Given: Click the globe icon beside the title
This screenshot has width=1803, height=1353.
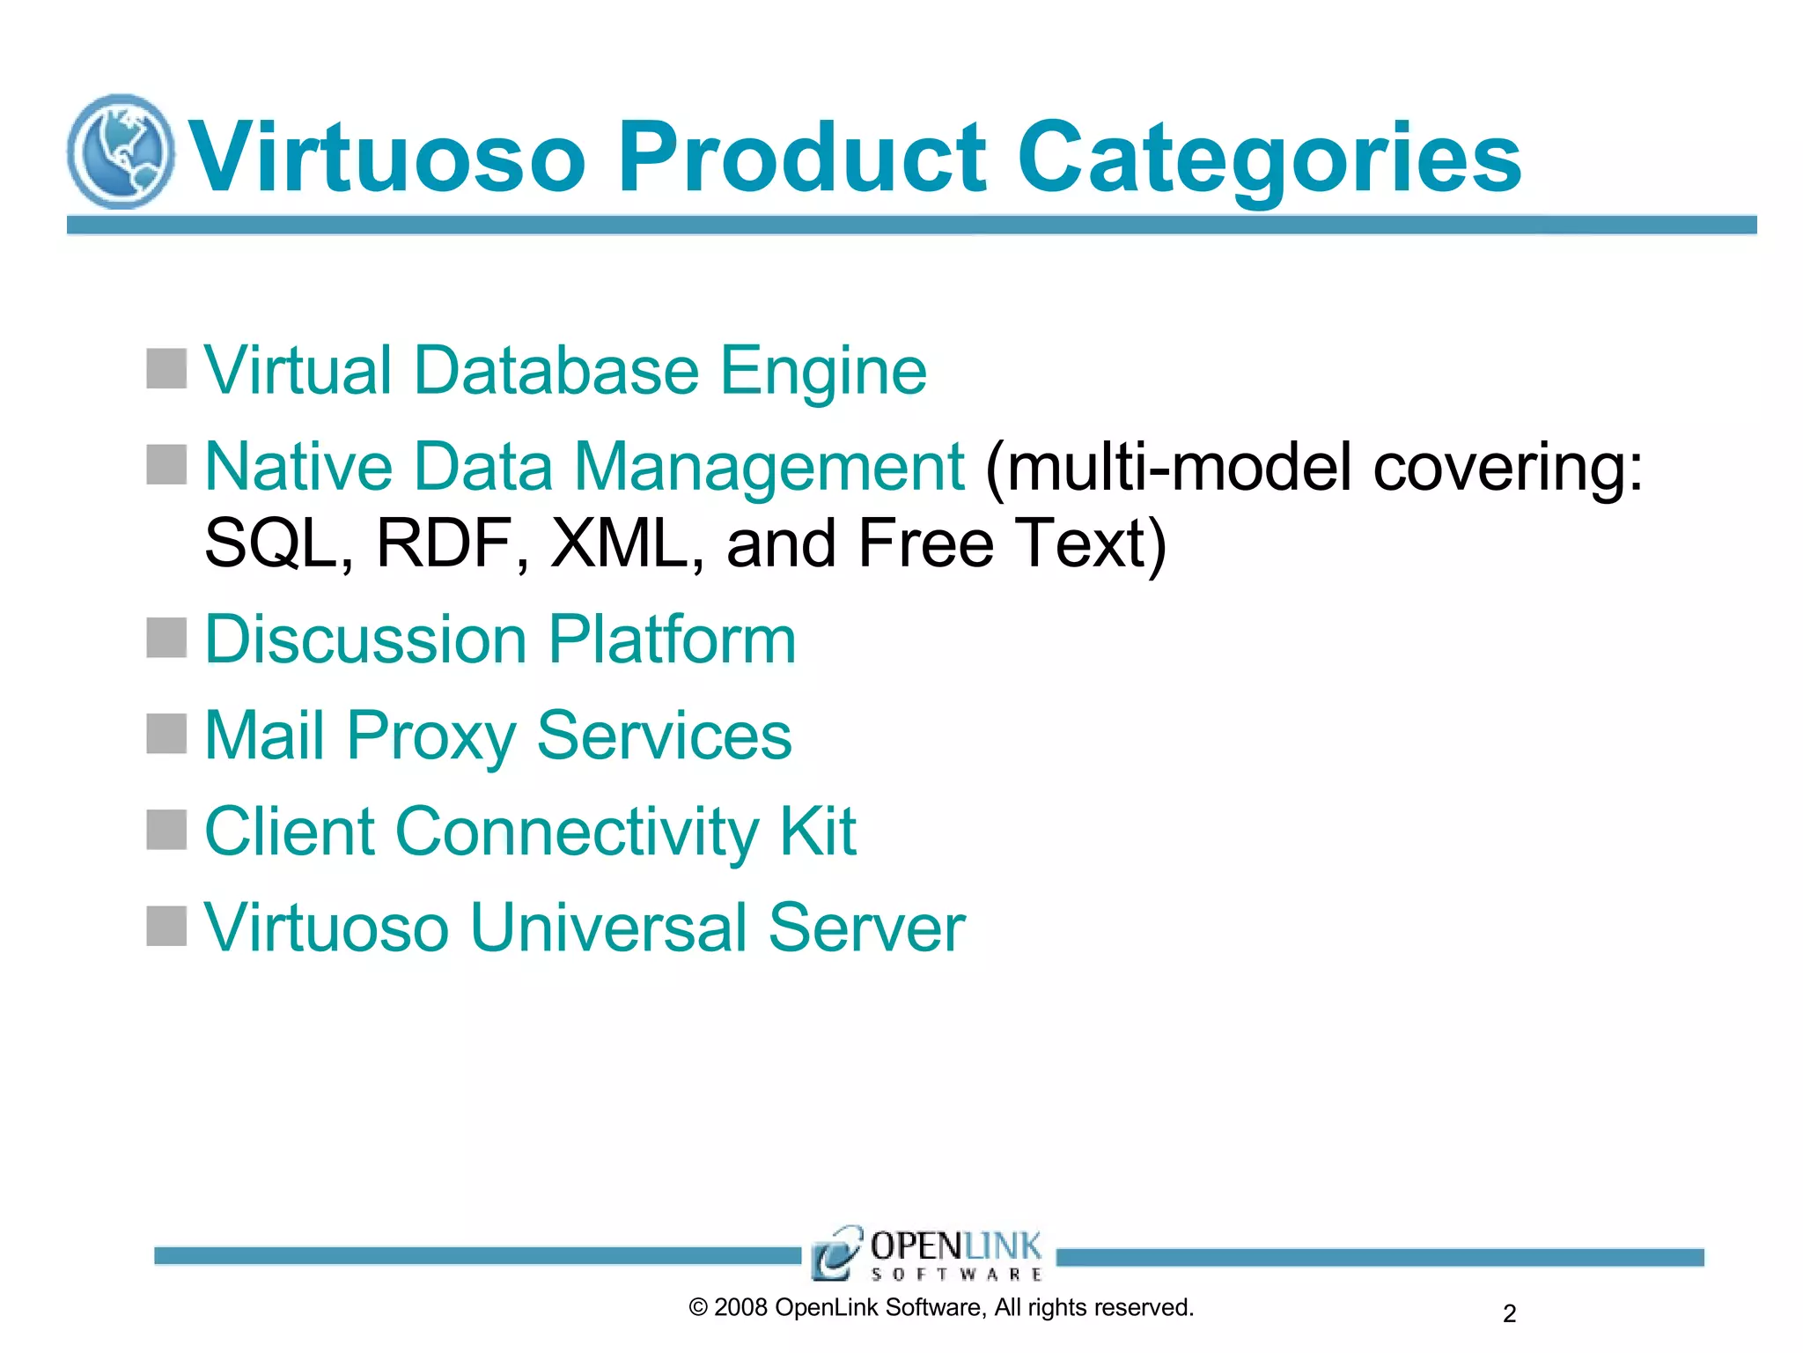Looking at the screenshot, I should (121, 152).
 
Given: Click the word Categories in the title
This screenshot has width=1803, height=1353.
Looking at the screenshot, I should (1269, 159).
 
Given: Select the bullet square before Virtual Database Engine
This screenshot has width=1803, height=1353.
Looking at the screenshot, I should (166, 368).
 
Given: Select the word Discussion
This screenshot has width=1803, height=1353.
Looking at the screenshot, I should (364, 639).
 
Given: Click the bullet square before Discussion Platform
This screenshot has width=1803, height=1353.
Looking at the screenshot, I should (166, 638).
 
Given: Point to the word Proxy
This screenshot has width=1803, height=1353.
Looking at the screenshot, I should (431, 736).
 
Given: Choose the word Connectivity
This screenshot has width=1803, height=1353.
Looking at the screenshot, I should (577, 832).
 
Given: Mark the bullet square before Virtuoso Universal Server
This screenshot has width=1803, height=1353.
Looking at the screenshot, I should (166, 926).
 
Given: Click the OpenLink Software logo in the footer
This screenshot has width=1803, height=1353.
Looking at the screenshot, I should (927, 1253).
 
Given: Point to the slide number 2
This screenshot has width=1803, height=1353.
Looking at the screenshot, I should (1509, 1313).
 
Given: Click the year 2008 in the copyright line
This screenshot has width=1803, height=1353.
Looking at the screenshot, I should (740, 1307).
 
